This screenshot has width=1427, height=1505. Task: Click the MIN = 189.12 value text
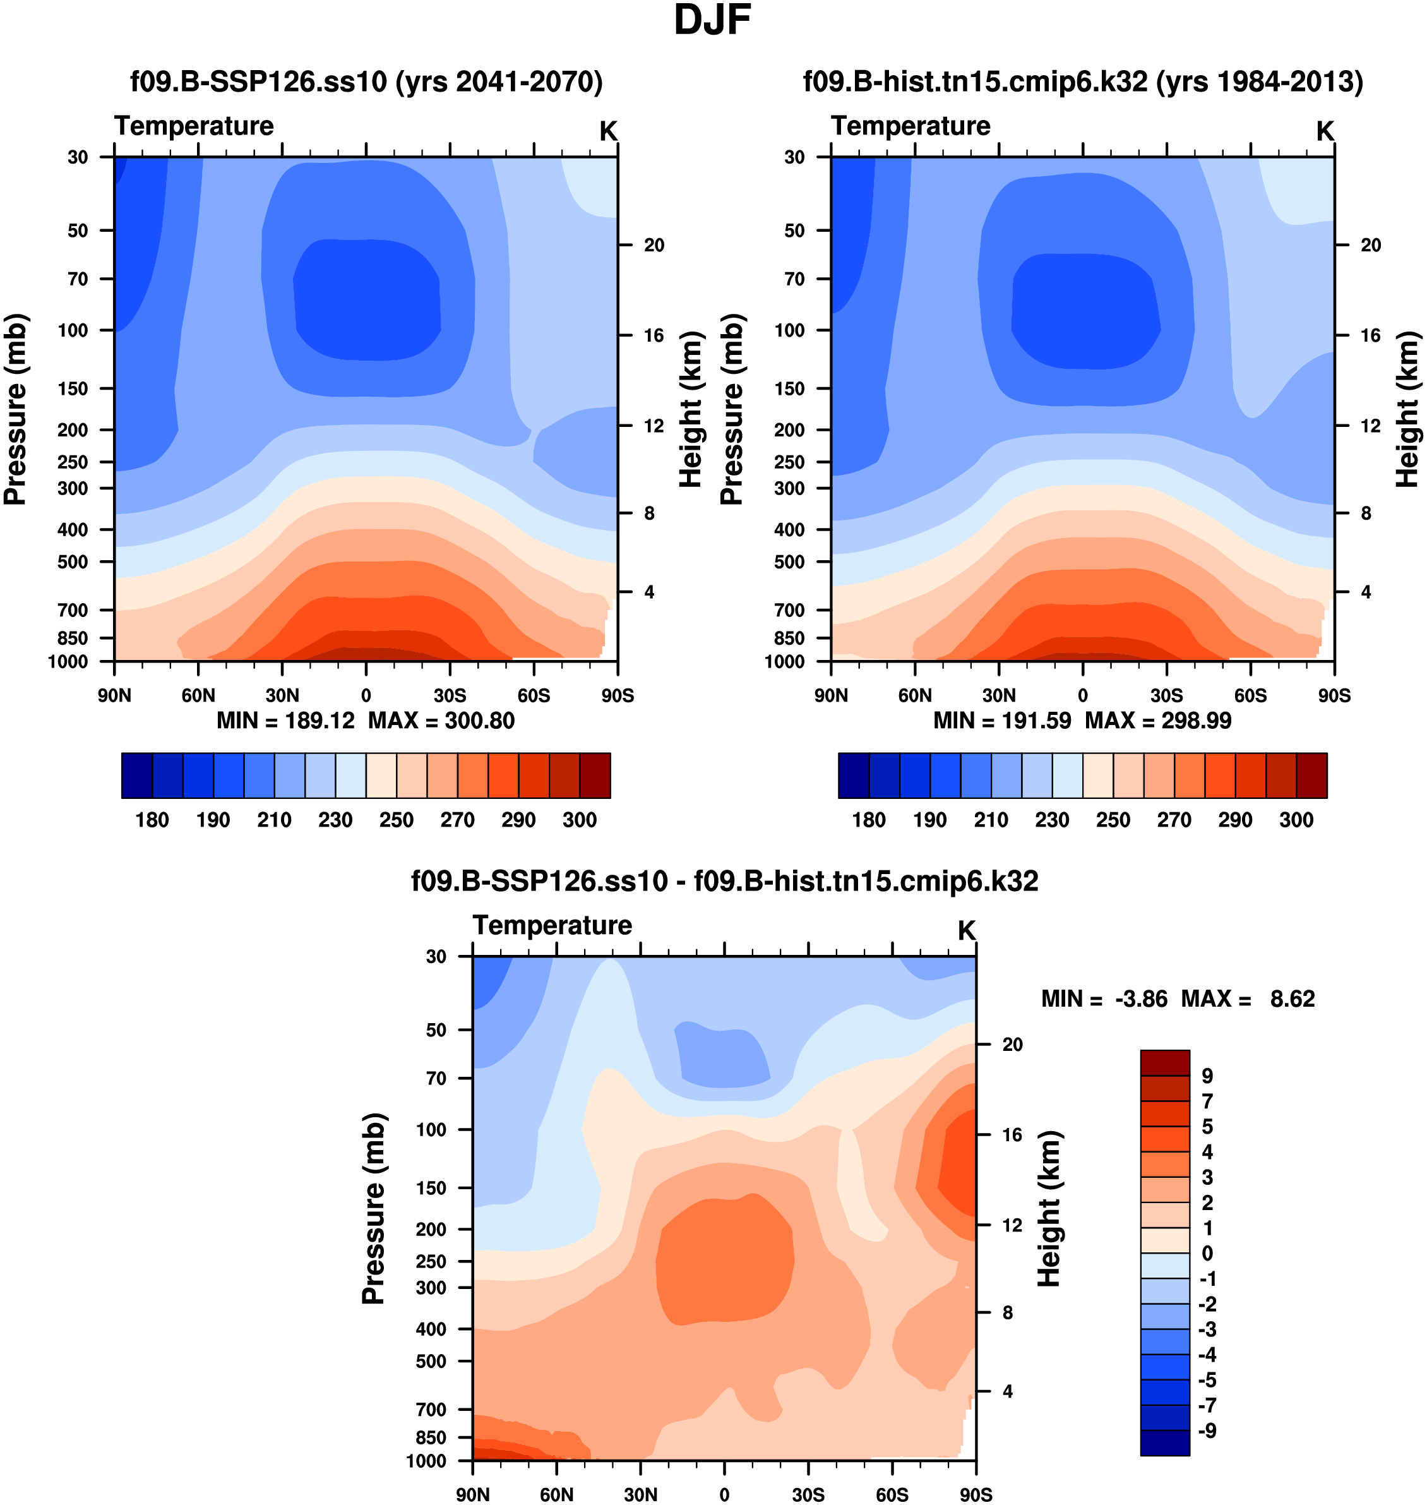tap(286, 720)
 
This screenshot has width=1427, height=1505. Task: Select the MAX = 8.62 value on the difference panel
tap(1248, 998)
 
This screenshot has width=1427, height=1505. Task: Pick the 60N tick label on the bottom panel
tap(556, 1494)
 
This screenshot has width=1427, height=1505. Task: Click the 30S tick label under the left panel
tap(450, 695)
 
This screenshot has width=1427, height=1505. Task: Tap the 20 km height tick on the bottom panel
tap(1012, 1044)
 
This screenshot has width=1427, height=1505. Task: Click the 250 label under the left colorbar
tap(397, 820)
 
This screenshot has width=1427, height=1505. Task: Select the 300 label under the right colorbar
tap(1296, 820)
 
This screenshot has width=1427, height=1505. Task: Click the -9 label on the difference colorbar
tap(1207, 1430)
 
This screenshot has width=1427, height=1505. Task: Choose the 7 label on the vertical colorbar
tap(1207, 1101)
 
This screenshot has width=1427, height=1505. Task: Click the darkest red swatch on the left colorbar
tap(595, 776)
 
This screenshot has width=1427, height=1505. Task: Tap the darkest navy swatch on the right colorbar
tap(854, 776)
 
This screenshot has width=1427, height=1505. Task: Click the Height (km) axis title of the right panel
tap(1407, 409)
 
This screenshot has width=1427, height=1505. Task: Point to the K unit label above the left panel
tap(608, 131)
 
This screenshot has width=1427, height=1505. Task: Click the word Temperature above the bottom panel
tap(552, 925)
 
